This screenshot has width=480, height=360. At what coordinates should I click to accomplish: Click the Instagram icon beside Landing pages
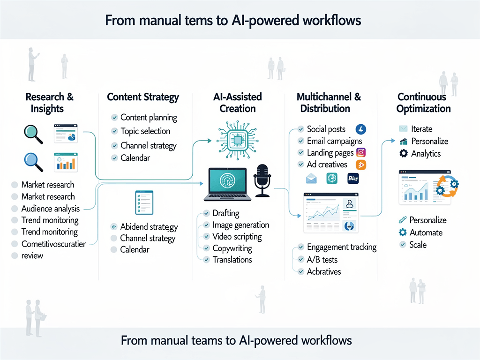pos(361,152)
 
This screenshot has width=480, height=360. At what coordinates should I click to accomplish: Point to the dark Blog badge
pos(353,178)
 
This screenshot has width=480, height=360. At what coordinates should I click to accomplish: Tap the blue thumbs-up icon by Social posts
pos(361,129)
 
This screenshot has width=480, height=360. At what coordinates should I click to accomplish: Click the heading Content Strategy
pos(143,97)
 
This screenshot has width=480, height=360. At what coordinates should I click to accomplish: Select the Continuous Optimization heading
pos(423,103)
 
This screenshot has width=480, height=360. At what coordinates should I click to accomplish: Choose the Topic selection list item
pos(145,131)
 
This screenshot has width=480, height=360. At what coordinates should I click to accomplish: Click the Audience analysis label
pos(51,209)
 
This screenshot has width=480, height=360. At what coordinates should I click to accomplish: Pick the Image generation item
pos(241,225)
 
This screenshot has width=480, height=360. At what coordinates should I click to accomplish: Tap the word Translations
pos(232,260)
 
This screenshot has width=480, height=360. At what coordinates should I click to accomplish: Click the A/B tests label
pos(322,259)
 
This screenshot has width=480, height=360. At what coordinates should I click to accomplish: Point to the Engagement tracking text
pos(342,247)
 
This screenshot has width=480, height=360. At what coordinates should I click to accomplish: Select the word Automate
pos(426,232)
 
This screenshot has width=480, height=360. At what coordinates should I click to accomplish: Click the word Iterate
pos(421,129)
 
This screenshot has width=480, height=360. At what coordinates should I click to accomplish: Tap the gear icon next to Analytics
pos(403,153)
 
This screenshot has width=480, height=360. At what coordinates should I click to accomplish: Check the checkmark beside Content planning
pos(114,118)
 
